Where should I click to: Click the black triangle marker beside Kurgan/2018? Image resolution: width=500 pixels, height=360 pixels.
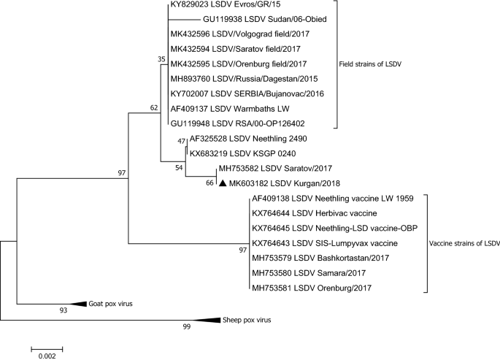[223, 183]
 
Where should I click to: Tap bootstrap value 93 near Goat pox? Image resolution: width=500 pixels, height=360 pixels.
[64, 311]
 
